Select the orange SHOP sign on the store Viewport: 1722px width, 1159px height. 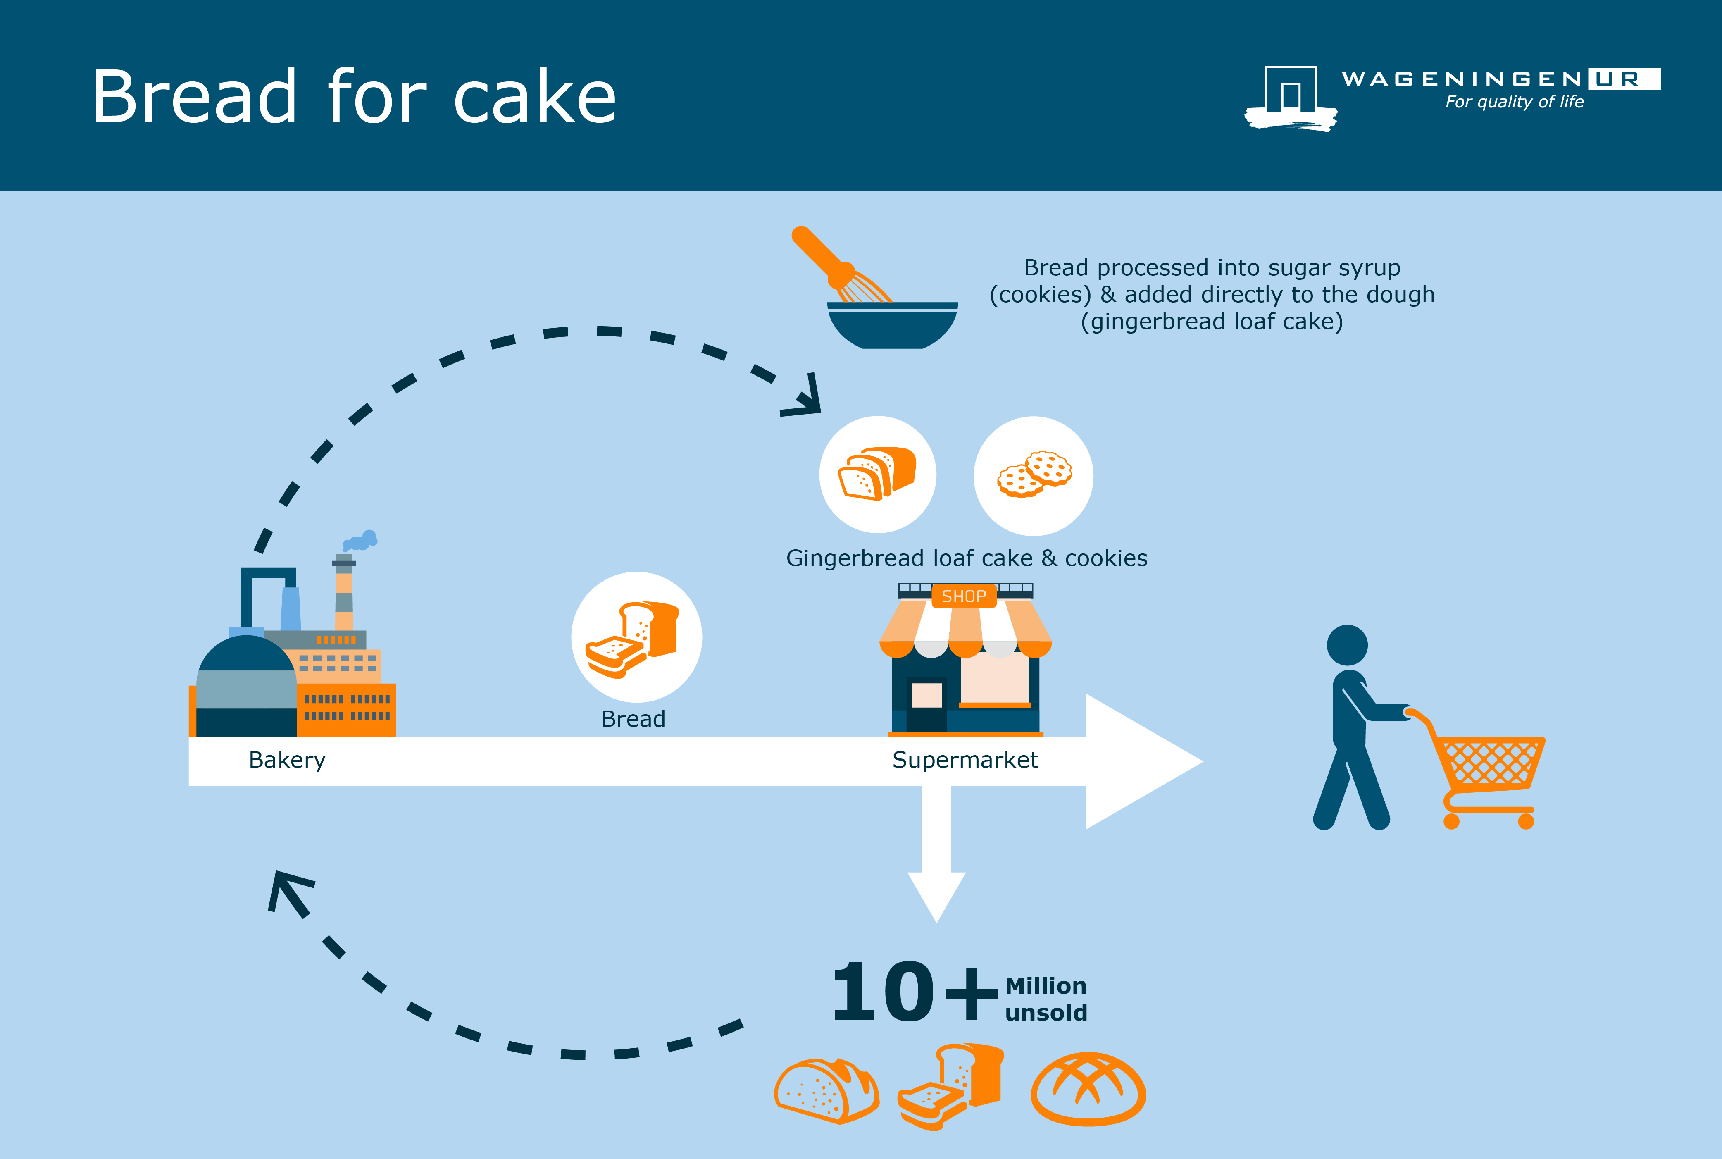point(964,596)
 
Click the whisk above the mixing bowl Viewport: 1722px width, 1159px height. point(843,266)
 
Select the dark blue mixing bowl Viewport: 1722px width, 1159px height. point(893,325)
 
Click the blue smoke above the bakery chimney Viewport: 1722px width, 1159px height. point(361,541)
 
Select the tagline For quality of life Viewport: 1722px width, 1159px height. point(1514,102)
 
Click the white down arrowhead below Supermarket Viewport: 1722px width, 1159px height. point(936,897)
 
